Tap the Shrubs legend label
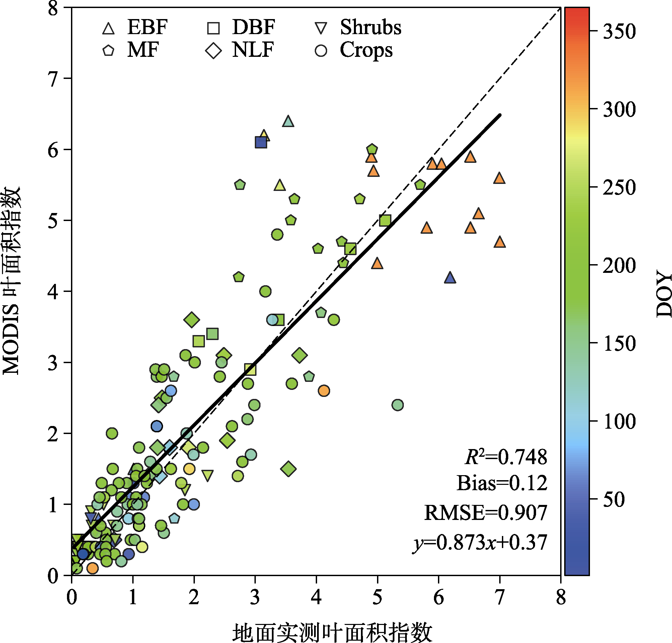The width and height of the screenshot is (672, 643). pyautogui.click(x=371, y=27)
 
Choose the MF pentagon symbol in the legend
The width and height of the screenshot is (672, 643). pyautogui.click(x=108, y=51)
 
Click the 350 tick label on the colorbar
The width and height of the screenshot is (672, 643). pyautogui.click(x=619, y=31)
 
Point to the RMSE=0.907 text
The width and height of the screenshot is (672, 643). pyautogui.click(x=486, y=513)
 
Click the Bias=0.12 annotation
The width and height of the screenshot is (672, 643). pyautogui.click(x=502, y=483)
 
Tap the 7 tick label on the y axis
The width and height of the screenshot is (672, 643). pyautogui.click(x=53, y=79)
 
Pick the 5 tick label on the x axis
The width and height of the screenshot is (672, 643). pyautogui.click(x=377, y=597)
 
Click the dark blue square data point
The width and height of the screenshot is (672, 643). pyautogui.click(x=261, y=142)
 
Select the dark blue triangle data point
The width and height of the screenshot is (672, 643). pyautogui.click(x=450, y=278)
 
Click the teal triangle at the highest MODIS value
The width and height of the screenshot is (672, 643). pyautogui.click(x=288, y=121)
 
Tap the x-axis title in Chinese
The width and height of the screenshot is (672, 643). pyautogui.click(x=332, y=632)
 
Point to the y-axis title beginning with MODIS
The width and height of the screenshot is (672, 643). pyautogui.click(x=11, y=281)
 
